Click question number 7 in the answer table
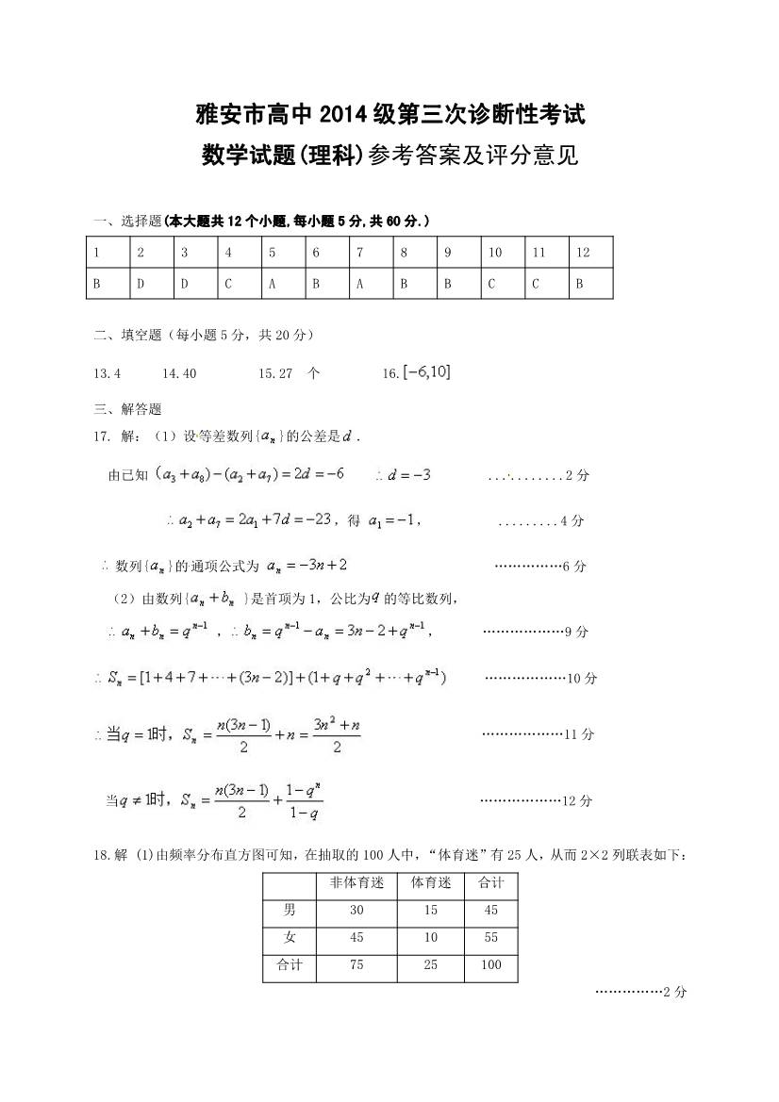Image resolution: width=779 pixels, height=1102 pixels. [x=359, y=253]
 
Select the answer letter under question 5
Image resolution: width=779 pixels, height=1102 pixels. [x=272, y=283]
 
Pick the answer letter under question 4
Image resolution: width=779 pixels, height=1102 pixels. [x=228, y=283]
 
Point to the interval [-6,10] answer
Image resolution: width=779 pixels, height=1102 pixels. [x=426, y=372]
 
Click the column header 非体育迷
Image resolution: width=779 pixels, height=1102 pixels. [x=356, y=883]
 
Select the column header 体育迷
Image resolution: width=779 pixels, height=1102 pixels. [x=431, y=883]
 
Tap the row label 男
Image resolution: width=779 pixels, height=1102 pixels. [x=290, y=911]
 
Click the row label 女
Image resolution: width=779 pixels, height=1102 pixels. [x=290, y=938]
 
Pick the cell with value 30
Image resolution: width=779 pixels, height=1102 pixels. [x=356, y=911]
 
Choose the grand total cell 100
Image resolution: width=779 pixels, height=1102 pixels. [x=491, y=965]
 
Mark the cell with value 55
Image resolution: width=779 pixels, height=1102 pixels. [x=491, y=938]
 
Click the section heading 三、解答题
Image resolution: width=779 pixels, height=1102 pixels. [x=127, y=409]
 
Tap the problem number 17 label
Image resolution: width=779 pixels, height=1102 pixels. [x=101, y=436]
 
